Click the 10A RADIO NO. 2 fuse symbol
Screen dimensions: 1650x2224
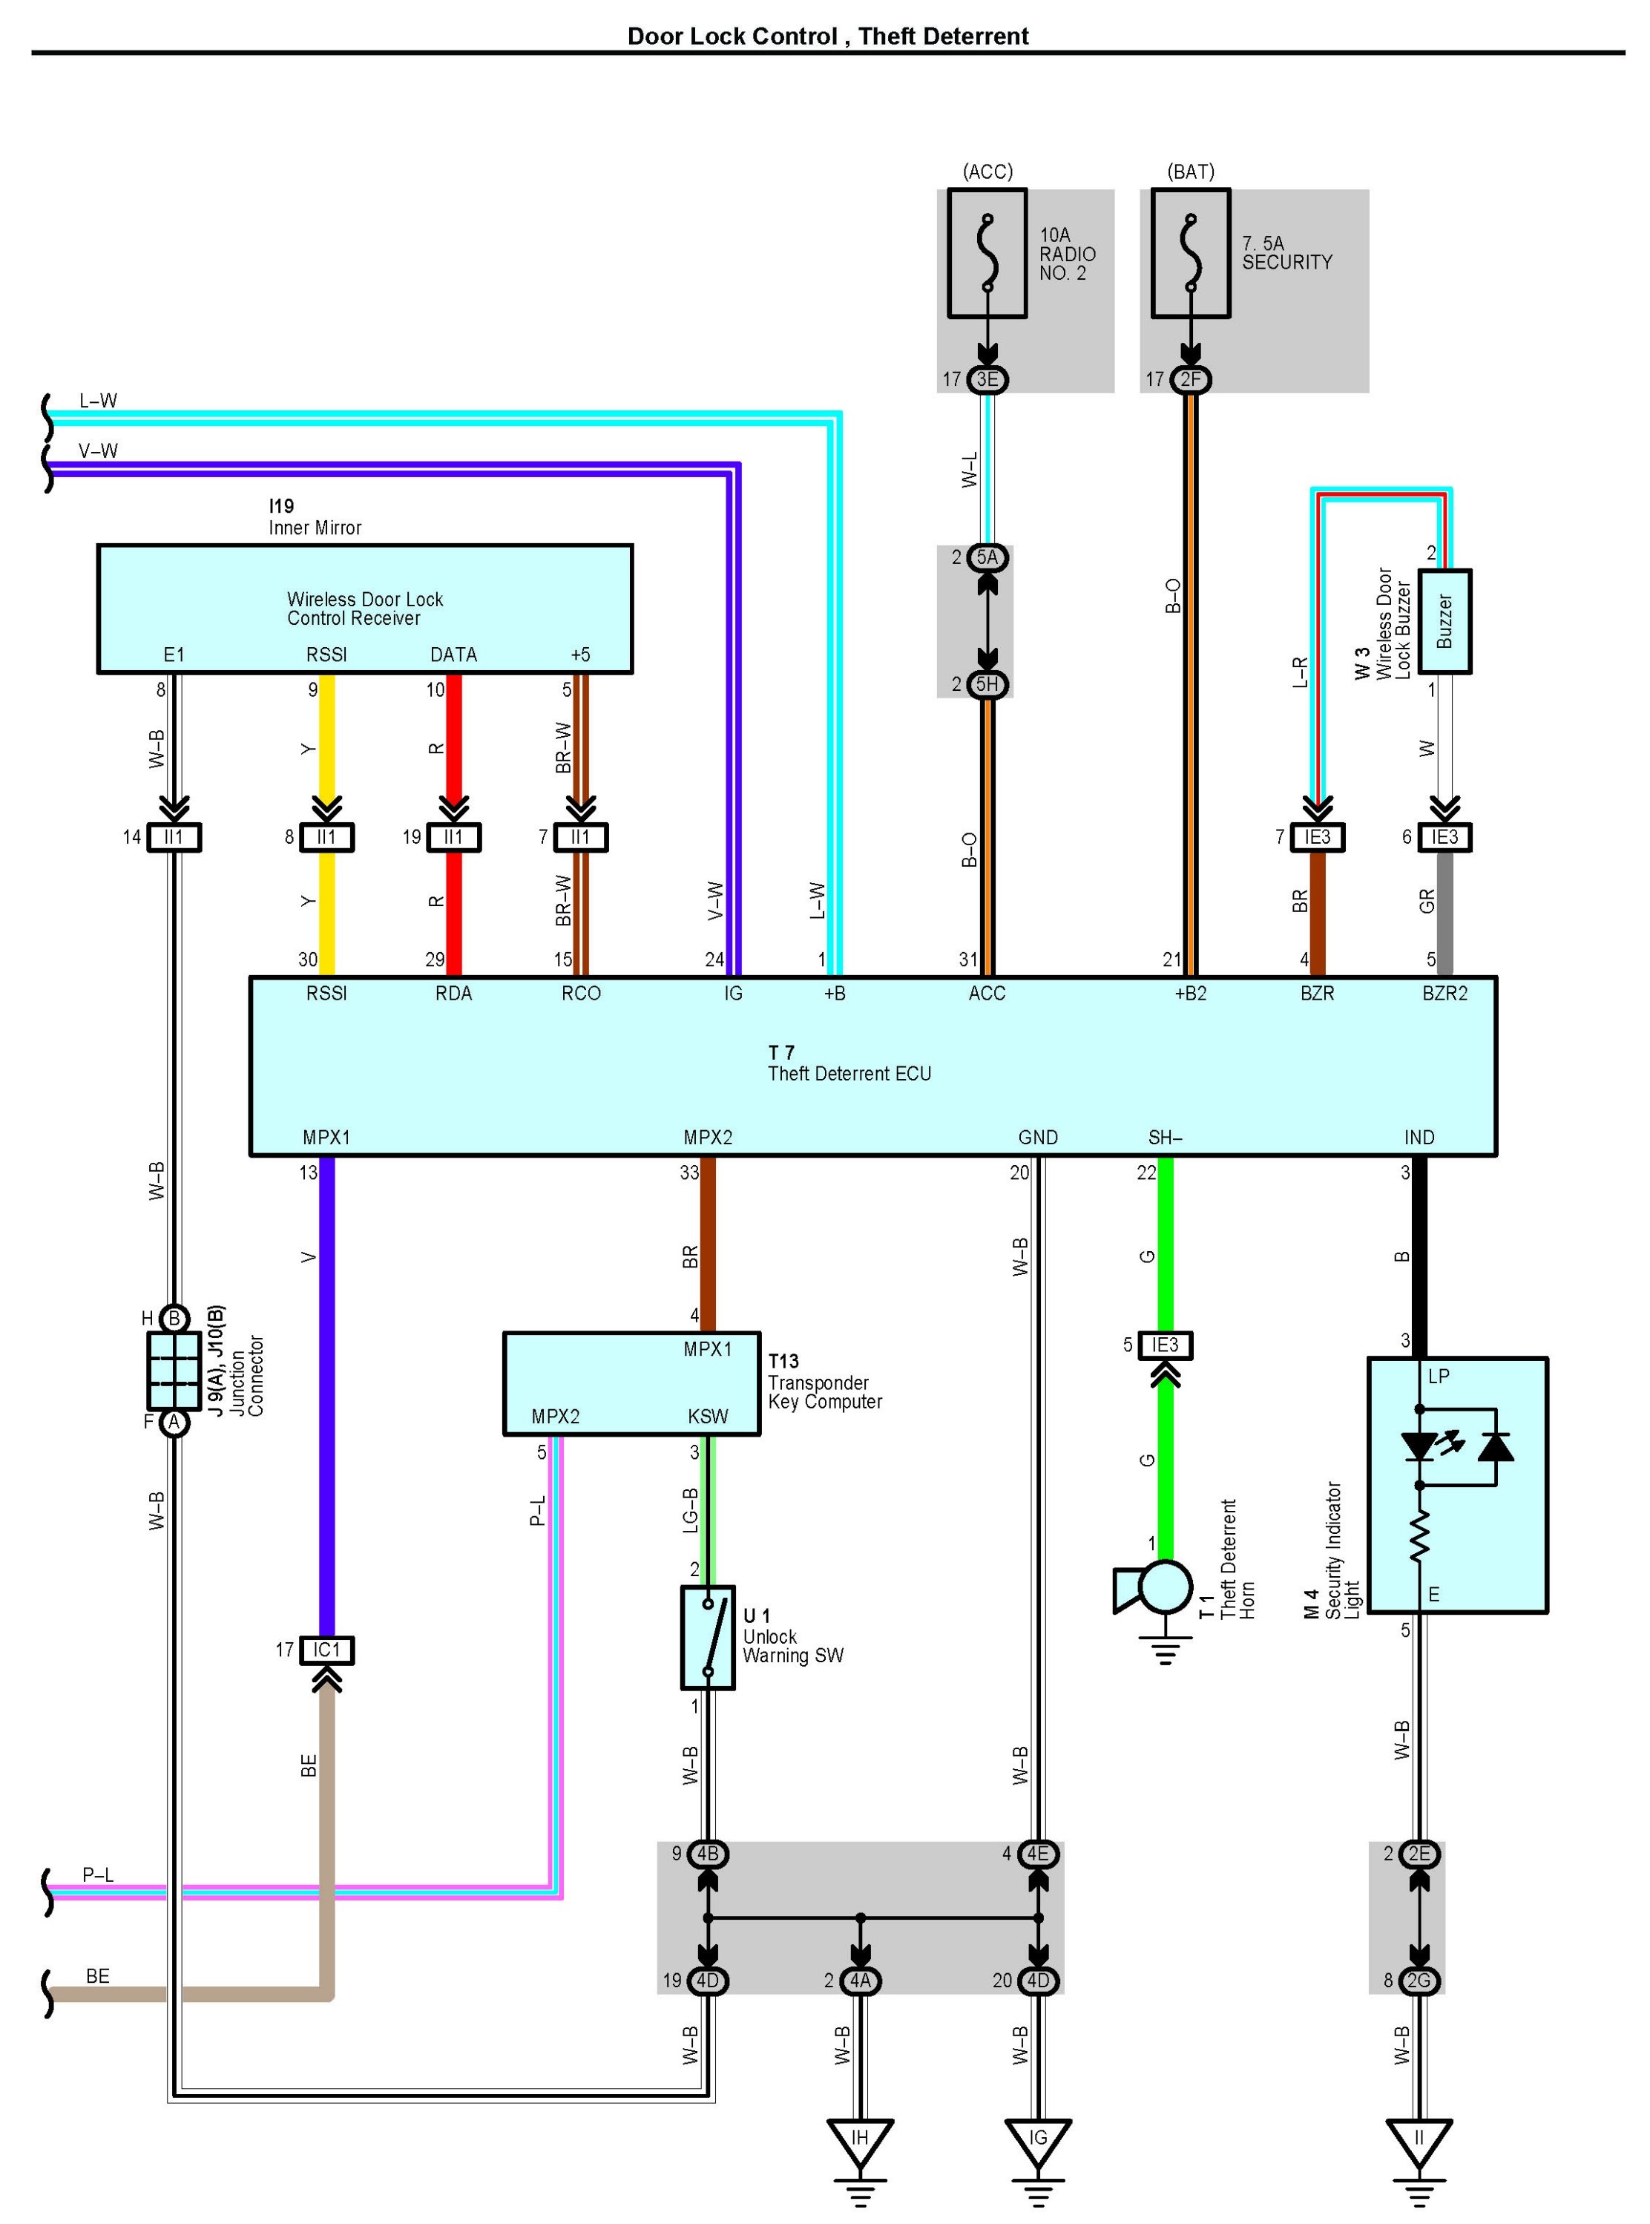click(987, 254)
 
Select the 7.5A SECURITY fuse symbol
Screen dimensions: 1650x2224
click(1191, 254)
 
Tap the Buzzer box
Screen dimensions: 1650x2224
click(1444, 621)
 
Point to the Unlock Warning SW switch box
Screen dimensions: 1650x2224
click(708, 1638)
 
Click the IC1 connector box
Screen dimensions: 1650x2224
click(326, 1650)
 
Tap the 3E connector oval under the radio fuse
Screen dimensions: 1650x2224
click(987, 380)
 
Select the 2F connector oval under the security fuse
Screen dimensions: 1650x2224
click(1191, 380)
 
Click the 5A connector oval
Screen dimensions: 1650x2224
click(987, 557)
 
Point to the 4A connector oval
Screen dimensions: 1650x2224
click(860, 1980)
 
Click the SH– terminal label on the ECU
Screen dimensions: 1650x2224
click(1165, 1137)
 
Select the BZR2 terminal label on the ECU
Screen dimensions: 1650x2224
click(1444, 993)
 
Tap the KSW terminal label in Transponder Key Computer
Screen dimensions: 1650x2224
click(708, 1416)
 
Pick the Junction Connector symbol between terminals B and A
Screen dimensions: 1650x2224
click(174, 1370)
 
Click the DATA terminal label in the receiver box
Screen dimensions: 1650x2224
click(453, 655)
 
